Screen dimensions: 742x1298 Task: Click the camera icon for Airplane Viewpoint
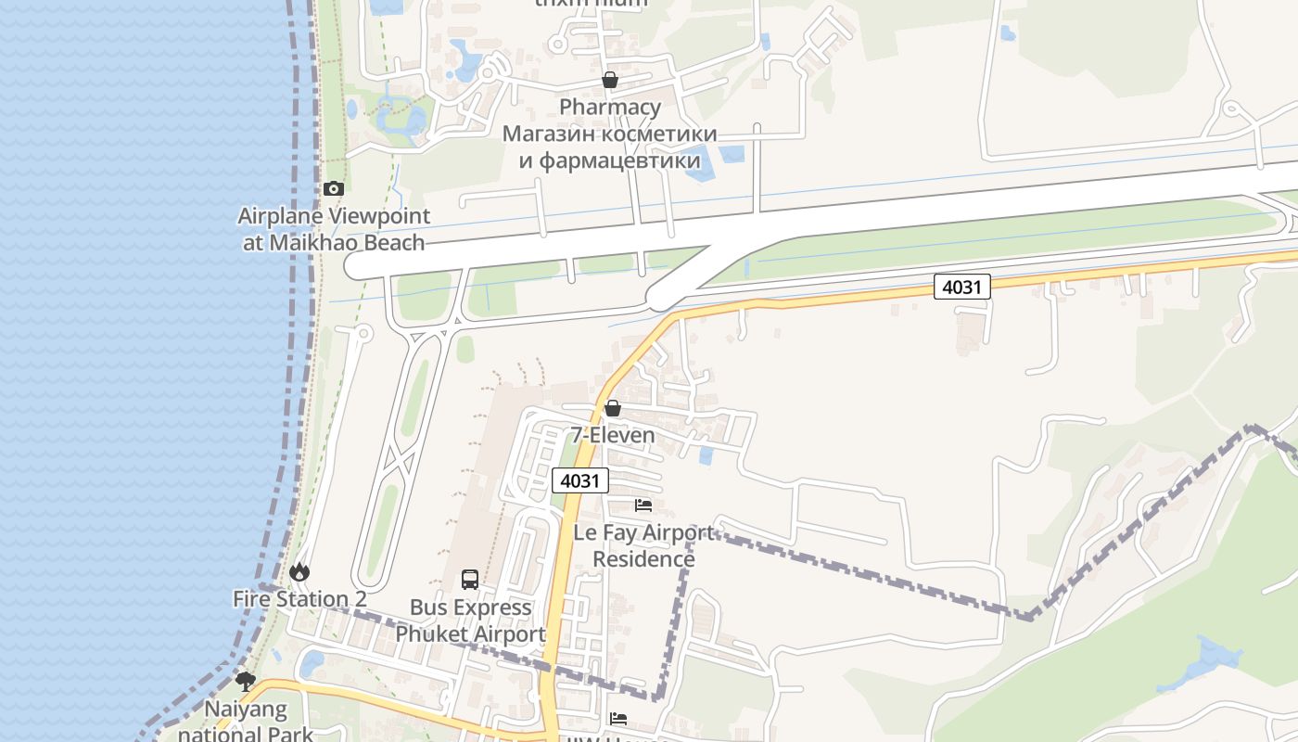point(333,188)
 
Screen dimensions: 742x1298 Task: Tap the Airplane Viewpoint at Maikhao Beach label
point(334,230)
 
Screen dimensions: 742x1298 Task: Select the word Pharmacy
point(610,107)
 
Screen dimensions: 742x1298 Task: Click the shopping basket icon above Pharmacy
point(610,81)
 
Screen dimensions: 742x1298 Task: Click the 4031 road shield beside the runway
point(961,288)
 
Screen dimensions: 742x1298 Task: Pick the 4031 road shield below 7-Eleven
point(581,480)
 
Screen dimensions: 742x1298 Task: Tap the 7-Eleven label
point(612,435)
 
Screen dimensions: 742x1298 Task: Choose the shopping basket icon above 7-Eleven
point(612,408)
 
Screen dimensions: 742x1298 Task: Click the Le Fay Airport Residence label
point(643,545)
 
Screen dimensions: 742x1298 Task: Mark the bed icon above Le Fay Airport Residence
point(643,505)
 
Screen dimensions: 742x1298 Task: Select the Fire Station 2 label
point(299,599)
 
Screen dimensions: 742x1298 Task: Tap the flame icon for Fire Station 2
point(299,572)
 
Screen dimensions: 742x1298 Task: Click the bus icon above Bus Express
point(470,580)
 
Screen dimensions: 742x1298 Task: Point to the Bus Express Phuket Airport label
point(470,620)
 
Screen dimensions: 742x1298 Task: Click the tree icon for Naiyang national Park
point(246,683)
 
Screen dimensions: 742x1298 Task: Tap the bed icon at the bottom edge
point(618,719)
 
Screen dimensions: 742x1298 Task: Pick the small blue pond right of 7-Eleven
point(706,455)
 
